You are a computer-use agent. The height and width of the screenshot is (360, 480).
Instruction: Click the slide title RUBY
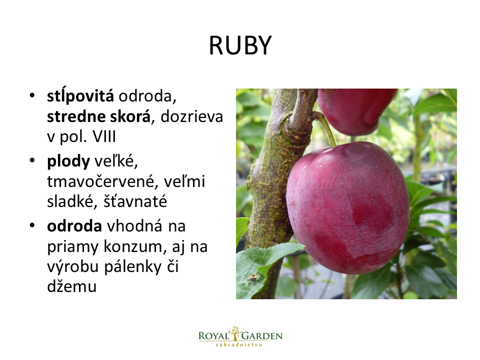pyautogui.click(x=240, y=45)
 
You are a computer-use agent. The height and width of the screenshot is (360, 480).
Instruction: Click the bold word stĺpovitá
pyautogui.click(x=80, y=96)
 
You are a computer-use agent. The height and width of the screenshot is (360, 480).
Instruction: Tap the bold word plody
pyautogui.click(x=68, y=161)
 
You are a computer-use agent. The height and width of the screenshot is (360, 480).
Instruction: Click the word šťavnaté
pyautogui.click(x=135, y=201)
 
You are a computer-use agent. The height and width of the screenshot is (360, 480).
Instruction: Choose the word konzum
pyautogui.click(x=135, y=246)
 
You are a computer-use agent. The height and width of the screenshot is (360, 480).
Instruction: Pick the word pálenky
pyautogui.click(x=132, y=266)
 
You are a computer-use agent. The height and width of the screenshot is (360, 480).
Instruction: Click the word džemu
pyautogui.click(x=71, y=286)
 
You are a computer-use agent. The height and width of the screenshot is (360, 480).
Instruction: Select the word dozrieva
pyautogui.click(x=191, y=116)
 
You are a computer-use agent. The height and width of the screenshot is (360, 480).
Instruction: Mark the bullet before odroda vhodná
pyautogui.click(x=32, y=225)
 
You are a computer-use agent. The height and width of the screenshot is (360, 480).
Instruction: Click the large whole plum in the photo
pyautogui.click(x=348, y=207)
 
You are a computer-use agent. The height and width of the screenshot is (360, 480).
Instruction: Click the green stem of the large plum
pyautogui.click(x=326, y=128)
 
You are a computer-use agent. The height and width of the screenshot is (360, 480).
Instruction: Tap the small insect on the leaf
pyautogui.click(x=252, y=277)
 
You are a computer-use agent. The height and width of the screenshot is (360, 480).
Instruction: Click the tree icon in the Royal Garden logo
pyautogui.click(x=235, y=333)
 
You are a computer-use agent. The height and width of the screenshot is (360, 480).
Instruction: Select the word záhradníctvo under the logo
pyautogui.click(x=239, y=344)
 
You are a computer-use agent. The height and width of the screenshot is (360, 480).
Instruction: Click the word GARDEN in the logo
pyautogui.click(x=261, y=336)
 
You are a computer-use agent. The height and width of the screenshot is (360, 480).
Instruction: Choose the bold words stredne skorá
pyautogui.click(x=98, y=116)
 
